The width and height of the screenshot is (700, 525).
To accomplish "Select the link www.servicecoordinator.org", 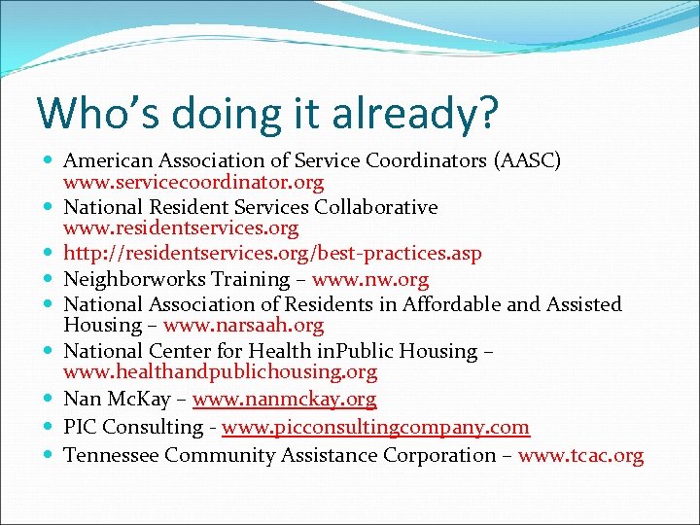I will [x=193, y=182].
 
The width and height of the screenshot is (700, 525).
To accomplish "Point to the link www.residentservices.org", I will [x=181, y=228].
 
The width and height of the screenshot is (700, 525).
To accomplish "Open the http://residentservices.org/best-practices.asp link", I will [x=272, y=254].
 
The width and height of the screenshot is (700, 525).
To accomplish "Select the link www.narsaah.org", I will [x=243, y=326].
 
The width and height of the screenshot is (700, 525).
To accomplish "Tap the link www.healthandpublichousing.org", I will [x=220, y=372].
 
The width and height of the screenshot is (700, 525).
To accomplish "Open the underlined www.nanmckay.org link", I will [x=284, y=399].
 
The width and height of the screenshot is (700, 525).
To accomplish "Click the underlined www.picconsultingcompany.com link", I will [x=375, y=427].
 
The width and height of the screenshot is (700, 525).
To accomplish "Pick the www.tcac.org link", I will [x=580, y=455].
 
